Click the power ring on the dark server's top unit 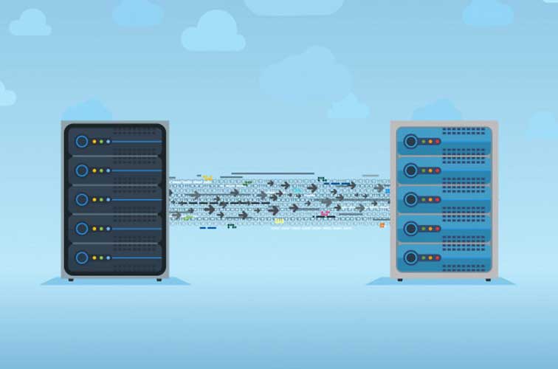click(81, 141)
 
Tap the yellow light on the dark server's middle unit click(94, 199)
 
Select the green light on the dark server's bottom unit click(101, 258)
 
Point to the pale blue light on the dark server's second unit click(108, 170)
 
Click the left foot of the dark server click(71, 280)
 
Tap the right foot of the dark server click(158, 280)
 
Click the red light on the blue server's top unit click(437, 141)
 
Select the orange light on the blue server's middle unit click(430, 199)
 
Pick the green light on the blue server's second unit click(422, 170)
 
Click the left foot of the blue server click(399, 280)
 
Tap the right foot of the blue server click(487, 280)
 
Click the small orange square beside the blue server click(382, 225)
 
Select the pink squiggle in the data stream click(325, 213)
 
